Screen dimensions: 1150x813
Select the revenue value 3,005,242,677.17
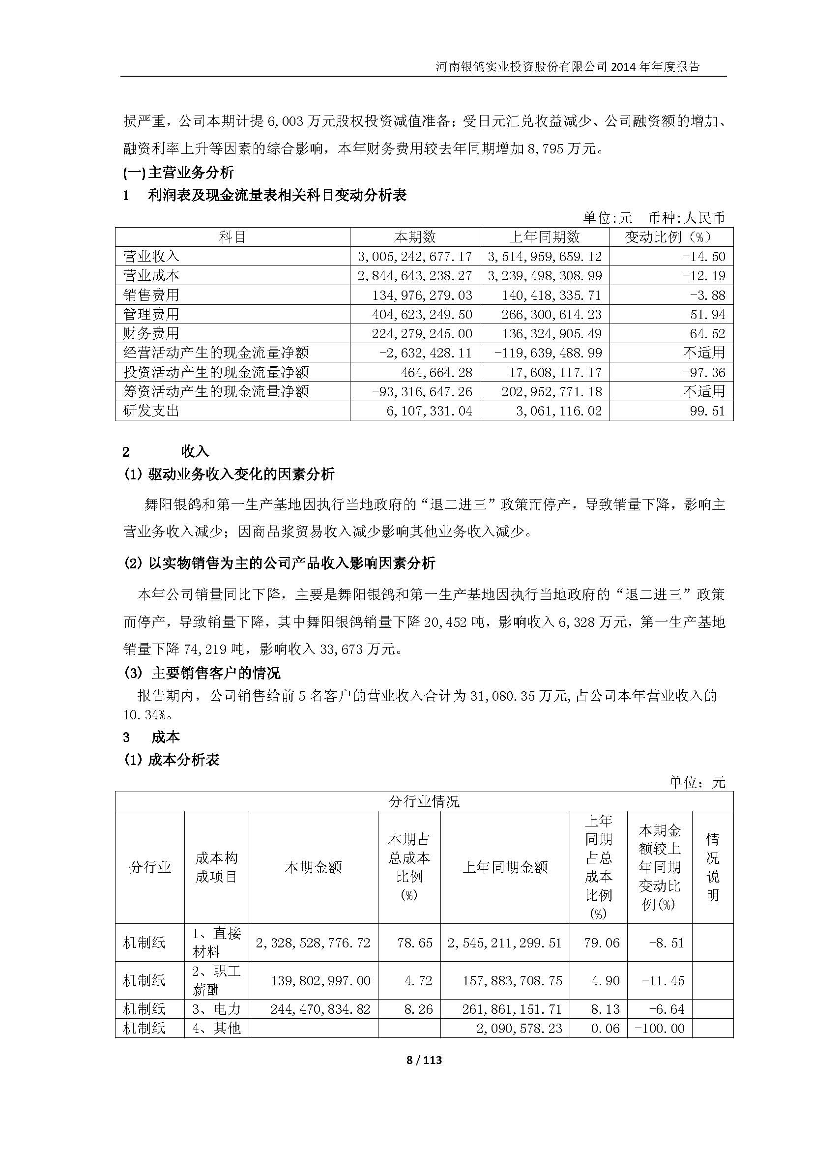(415, 257)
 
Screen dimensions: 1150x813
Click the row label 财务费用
(151, 333)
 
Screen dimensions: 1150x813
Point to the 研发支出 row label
(151, 411)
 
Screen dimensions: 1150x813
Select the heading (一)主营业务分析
(178, 173)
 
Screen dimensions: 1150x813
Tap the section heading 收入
(195, 451)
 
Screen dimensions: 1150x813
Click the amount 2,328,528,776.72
(313, 943)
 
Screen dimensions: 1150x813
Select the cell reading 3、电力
(216, 1009)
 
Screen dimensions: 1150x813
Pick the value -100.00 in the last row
(659, 1028)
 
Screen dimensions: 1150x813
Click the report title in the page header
(567, 66)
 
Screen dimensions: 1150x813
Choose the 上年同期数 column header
(544, 237)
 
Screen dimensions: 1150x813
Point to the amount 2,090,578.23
(519, 1028)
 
